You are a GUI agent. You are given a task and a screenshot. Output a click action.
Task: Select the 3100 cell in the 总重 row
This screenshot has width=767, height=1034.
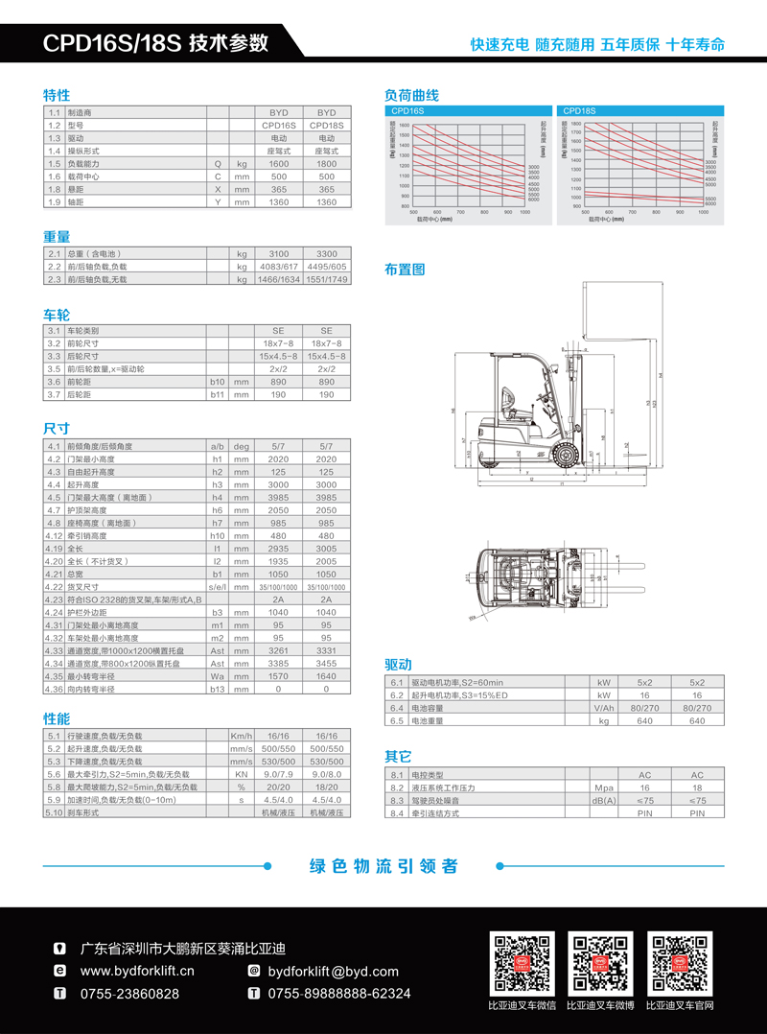(278, 254)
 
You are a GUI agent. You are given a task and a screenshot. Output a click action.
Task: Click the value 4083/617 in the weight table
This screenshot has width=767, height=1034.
(278, 267)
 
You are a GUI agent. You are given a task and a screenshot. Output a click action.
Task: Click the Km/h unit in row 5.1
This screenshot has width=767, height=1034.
(242, 736)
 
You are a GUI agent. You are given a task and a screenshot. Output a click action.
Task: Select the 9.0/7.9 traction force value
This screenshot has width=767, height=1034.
(278, 773)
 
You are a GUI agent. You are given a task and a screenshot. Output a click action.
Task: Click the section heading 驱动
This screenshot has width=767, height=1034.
(398, 664)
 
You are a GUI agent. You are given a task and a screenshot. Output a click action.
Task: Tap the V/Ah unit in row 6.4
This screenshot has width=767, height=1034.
(604, 707)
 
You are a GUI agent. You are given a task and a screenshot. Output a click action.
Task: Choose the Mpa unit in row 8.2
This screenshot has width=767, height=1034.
(604, 787)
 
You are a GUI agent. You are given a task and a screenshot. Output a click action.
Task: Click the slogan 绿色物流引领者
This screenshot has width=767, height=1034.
(383, 866)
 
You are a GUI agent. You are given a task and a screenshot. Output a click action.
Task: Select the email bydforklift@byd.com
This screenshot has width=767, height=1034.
(326, 971)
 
